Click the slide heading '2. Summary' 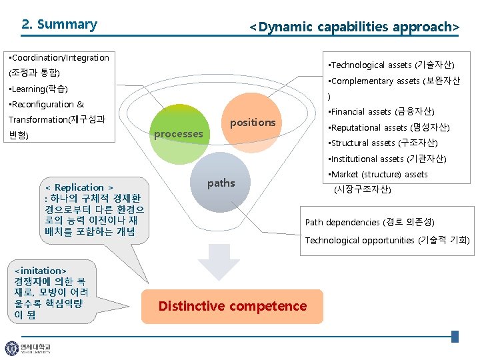(x=59, y=25)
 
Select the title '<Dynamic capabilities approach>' (x=354, y=27)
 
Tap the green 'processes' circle (x=178, y=134)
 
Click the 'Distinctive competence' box (x=233, y=307)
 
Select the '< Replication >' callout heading (x=77, y=187)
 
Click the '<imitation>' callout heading (x=41, y=271)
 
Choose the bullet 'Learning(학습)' (x=37, y=89)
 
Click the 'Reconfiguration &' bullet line (x=45, y=104)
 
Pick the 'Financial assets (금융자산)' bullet (x=382, y=111)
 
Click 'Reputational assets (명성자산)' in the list (x=390, y=127)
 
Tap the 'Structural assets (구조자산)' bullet (x=384, y=143)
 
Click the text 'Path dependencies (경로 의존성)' (x=369, y=222)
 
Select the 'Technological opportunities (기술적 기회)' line (x=387, y=240)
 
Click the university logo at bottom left (x=27, y=348)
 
